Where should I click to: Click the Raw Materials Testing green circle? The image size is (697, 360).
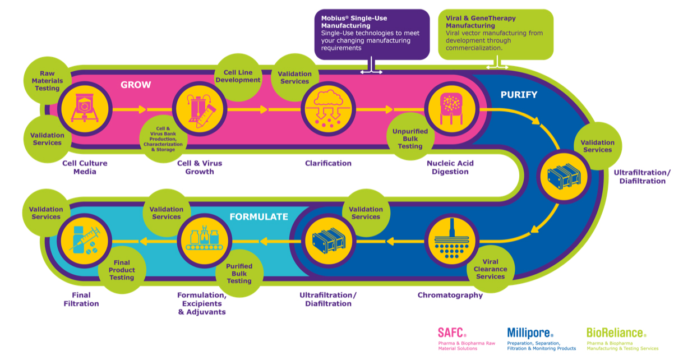[47, 81]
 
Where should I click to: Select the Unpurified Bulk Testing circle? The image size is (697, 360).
[410, 139]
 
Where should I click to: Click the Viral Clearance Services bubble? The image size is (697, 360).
[490, 269]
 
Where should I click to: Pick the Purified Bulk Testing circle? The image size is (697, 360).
[239, 273]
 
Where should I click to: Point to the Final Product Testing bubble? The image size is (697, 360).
[122, 270]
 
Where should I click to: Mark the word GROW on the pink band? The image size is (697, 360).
[136, 85]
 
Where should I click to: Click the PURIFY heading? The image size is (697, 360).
[519, 95]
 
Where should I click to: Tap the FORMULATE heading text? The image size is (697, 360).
[259, 216]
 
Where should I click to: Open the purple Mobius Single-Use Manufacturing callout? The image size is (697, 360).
[372, 34]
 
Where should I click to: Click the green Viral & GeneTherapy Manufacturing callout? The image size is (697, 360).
[495, 34]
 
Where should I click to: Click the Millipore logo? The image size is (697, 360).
[530, 333]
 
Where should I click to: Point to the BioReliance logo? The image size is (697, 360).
[616, 333]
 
